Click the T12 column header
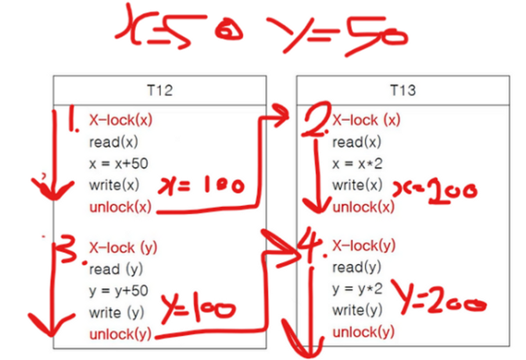pyautogui.click(x=158, y=91)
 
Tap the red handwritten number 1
pyautogui.click(x=72, y=123)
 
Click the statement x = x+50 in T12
pyautogui.click(x=119, y=163)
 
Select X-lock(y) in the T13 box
pyautogui.click(x=364, y=247)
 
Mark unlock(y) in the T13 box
pyautogui.click(x=364, y=332)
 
